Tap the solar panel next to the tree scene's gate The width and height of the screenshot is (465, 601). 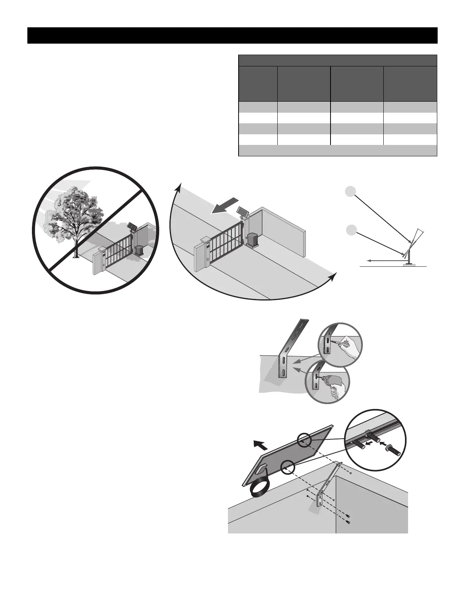tap(131, 227)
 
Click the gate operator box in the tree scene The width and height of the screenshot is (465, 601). tap(139, 250)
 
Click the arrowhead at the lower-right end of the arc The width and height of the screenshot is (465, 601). tap(333, 276)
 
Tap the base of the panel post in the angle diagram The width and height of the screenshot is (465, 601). tap(409, 264)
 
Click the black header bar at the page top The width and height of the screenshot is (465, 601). tap(232, 35)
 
